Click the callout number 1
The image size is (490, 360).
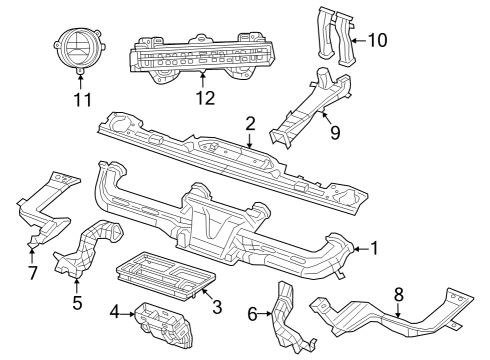pos(376,247)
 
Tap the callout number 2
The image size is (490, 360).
pos(250,123)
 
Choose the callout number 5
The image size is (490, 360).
pos(76,300)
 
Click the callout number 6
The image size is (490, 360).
pos(253,314)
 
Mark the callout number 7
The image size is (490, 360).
pos(32,272)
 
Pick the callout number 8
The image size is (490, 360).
pos(399,293)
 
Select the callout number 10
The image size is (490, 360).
pos(376,41)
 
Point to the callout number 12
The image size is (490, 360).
pos(204,98)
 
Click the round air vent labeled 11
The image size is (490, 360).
pos(78,49)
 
